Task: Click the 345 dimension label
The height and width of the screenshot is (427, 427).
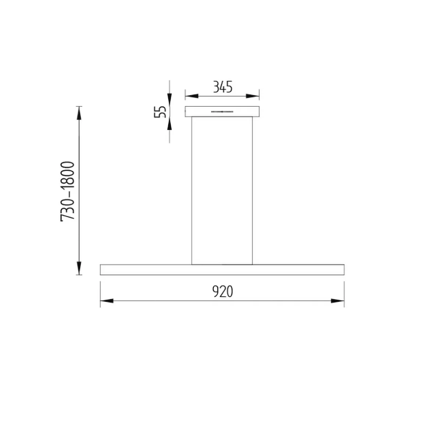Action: [x=223, y=87]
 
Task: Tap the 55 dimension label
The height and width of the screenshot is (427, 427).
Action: [x=160, y=112]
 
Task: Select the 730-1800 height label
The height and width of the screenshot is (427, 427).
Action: [x=68, y=191]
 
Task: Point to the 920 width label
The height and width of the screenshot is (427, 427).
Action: [x=223, y=291]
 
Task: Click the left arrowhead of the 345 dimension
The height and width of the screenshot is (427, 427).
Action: [x=191, y=96]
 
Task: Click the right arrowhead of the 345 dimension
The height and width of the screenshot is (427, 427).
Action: [x=253, y=96]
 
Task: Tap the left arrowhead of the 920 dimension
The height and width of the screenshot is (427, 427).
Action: [x=106, y=301]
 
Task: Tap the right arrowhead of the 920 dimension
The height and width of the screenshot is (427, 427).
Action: [x=338, y=301]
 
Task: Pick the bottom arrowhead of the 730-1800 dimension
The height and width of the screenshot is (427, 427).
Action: [x=79, y=268]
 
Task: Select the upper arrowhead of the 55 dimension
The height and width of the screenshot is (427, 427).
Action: [x=169, y=100]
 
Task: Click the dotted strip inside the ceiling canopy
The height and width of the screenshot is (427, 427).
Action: [x=222, y=112]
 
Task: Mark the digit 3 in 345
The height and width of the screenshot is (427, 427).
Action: [x=216, y=87]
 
